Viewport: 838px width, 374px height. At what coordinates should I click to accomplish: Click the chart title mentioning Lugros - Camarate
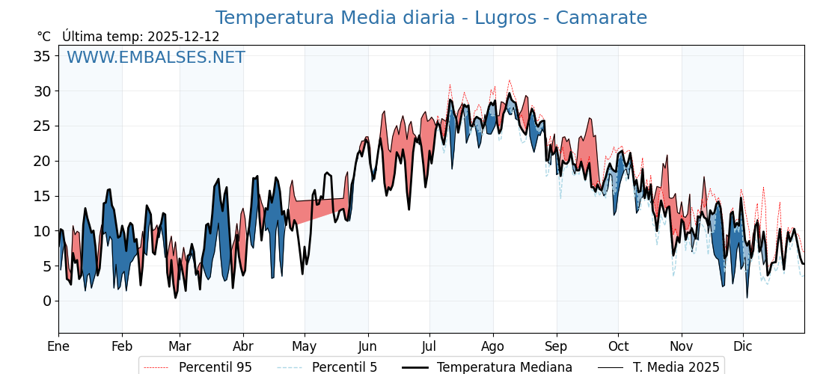[431, 18]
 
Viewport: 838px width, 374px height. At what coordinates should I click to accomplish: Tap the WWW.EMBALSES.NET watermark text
[156, 58]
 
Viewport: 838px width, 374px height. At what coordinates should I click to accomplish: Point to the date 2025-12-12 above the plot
[183, 37]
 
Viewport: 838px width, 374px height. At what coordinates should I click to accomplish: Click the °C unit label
[44, 37]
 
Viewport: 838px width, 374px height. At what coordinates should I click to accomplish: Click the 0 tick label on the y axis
[47, 301]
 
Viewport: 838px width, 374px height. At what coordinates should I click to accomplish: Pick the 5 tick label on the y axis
[47, 266]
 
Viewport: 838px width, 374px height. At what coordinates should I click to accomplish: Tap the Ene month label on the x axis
[58, 346]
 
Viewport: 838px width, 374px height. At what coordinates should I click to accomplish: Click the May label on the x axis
[305, 346]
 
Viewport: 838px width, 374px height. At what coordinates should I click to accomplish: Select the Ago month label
[493, 346]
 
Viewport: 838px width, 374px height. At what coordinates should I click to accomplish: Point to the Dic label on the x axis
[743, 346]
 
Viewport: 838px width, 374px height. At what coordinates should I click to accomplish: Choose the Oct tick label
[618, 346]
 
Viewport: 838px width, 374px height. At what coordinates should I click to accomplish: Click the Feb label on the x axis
[122, 346]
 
